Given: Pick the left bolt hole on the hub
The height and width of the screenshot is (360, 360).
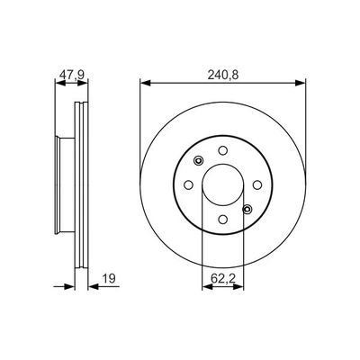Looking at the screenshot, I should pyautogui.click(x=188, y=184).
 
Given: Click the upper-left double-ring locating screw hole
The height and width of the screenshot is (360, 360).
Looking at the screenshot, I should pyautogui.click(x=196, y=162).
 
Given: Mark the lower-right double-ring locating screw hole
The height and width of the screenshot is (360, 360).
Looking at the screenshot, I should pyautogui.click(x=245, y=209).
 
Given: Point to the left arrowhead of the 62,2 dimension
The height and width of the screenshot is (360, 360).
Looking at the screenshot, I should pyautogui.click(x=204, y=287).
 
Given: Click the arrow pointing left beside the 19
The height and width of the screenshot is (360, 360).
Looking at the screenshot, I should pyautogui.click(x=91, y=287).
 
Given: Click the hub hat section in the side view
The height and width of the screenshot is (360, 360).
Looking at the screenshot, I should pyautogui.click(x=64, y=184).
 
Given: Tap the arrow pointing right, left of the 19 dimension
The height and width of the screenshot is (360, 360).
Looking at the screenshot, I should pyautogui.click(x=69, y=287).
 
